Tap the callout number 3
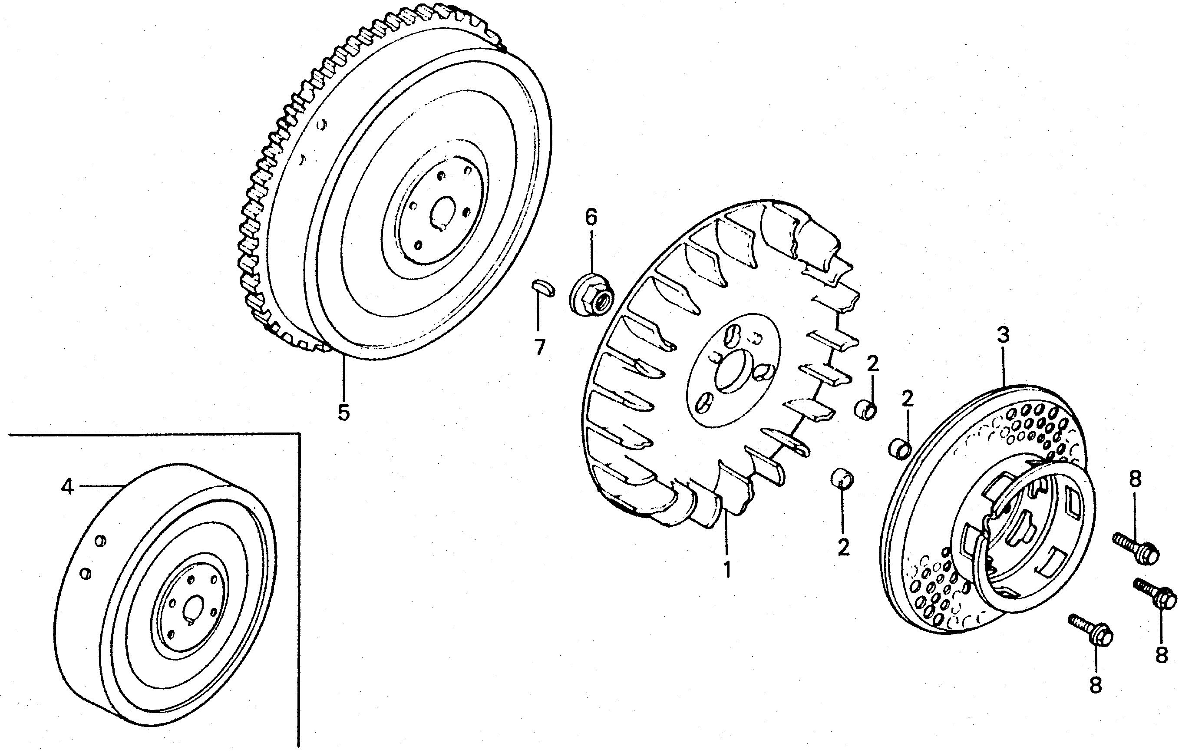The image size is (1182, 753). (x=1003, y=335)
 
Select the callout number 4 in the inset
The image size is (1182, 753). (x=67, y=487)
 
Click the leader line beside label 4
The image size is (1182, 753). (x=101, y=486)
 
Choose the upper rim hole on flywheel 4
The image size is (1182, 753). (x=101, y=541)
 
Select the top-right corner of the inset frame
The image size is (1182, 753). (x=299, y=433)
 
